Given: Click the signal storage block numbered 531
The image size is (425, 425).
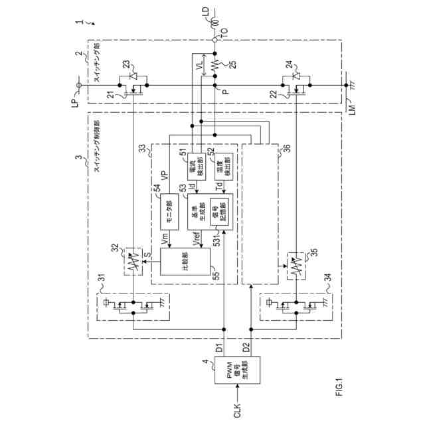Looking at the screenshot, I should click(x=218, y=211).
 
